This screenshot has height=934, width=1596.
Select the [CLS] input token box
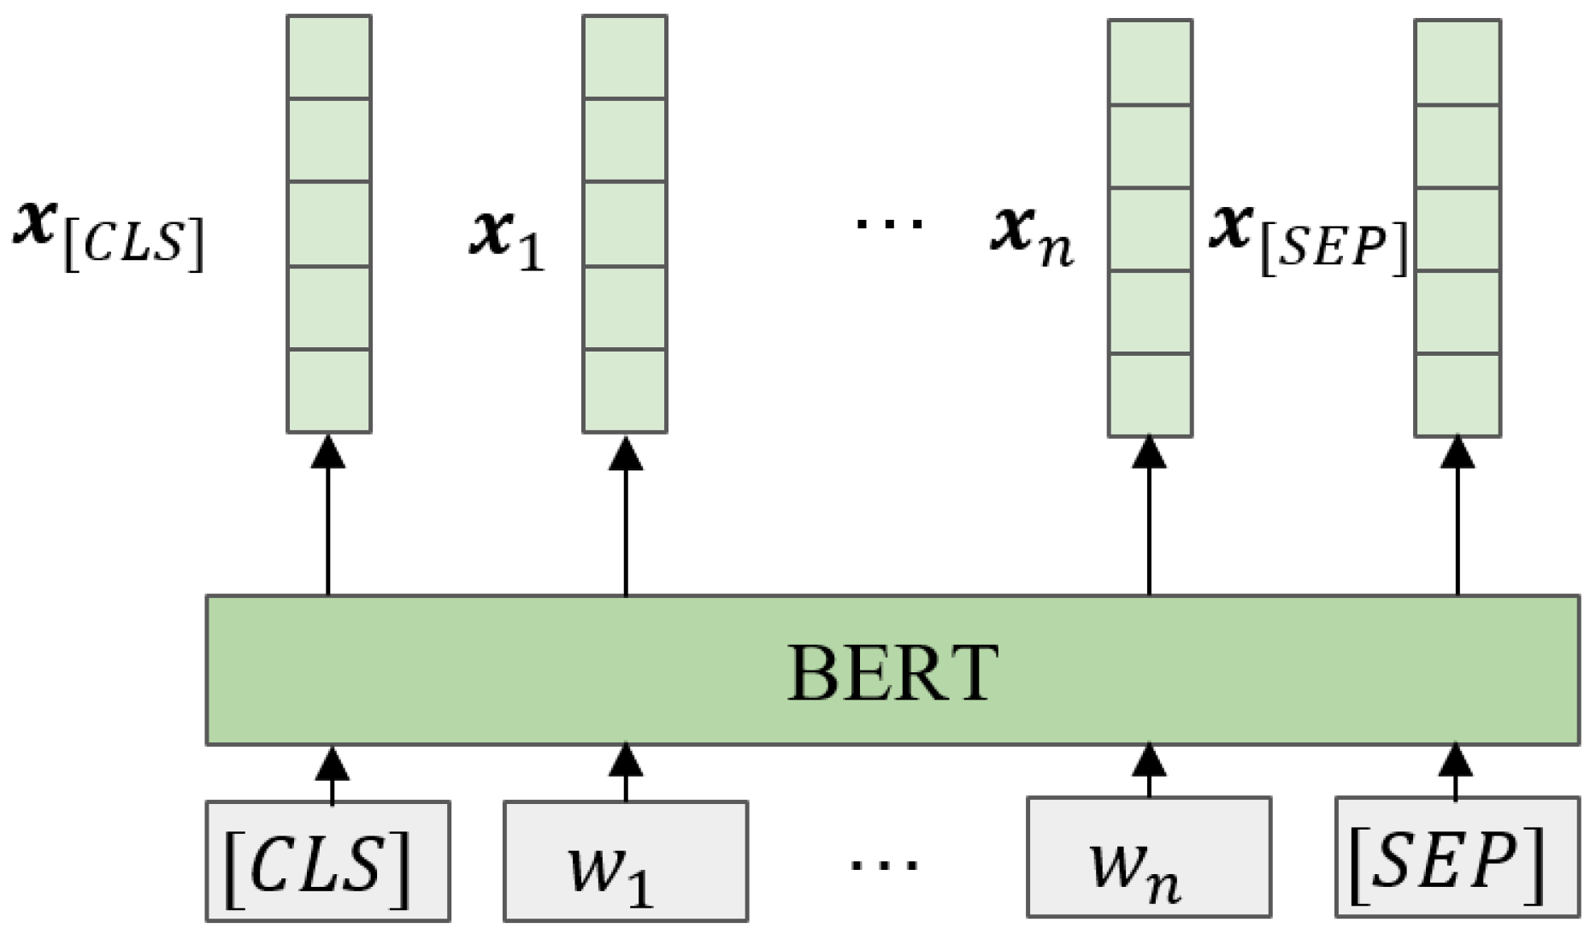(x=327, y=860)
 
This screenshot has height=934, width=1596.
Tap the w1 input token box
(x=625, y=860)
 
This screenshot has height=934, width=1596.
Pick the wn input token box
(x=1148, y=858)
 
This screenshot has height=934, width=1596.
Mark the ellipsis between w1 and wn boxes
(x=885, y=864)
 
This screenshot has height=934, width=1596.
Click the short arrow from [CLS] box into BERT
(x=332, y=774)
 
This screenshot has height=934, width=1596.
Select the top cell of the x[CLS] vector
(x=328, y=57)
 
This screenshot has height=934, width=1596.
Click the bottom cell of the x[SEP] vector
(x=1457, y=394)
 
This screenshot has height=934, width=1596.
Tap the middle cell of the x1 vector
(x=625, y=224)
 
